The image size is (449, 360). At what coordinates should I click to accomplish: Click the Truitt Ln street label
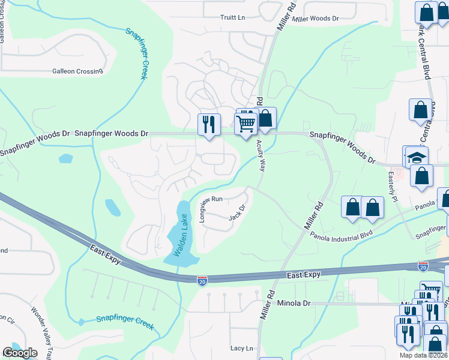(233, 18)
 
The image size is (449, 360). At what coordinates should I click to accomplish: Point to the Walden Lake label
(182, 236)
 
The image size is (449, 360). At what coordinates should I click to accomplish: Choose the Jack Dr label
(238, 213)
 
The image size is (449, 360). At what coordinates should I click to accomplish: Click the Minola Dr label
(294, 304)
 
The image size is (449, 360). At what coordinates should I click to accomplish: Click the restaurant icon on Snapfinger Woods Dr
(209, 125)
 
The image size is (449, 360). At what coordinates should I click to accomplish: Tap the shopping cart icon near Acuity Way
(246, 124)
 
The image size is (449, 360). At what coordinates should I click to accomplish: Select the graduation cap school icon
(416, 158)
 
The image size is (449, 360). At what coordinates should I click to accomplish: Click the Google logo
(20, 353)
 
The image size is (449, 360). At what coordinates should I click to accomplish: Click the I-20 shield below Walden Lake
(202, 280)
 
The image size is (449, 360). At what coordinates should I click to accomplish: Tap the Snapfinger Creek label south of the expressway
(125, 322)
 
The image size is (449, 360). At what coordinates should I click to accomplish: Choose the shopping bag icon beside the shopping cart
(265, 119)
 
